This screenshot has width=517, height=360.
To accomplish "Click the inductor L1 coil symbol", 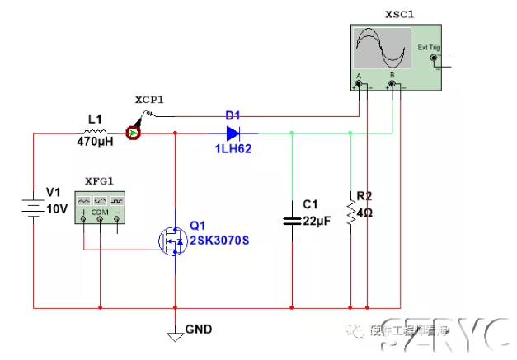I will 96,132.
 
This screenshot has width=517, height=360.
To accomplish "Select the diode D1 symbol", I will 233,132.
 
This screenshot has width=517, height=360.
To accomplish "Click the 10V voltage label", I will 57,209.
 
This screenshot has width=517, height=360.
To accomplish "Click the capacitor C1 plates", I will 292,220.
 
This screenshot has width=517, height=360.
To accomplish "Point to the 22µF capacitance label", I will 317,220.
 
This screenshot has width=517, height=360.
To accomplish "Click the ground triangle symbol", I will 174,335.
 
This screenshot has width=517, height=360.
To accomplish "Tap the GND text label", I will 199,330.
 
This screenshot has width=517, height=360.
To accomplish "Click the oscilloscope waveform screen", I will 380,49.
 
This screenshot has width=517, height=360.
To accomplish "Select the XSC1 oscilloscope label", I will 400,14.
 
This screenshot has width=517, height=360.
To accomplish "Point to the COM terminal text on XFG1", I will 100,213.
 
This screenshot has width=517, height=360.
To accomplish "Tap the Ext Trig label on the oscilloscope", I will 429,47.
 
